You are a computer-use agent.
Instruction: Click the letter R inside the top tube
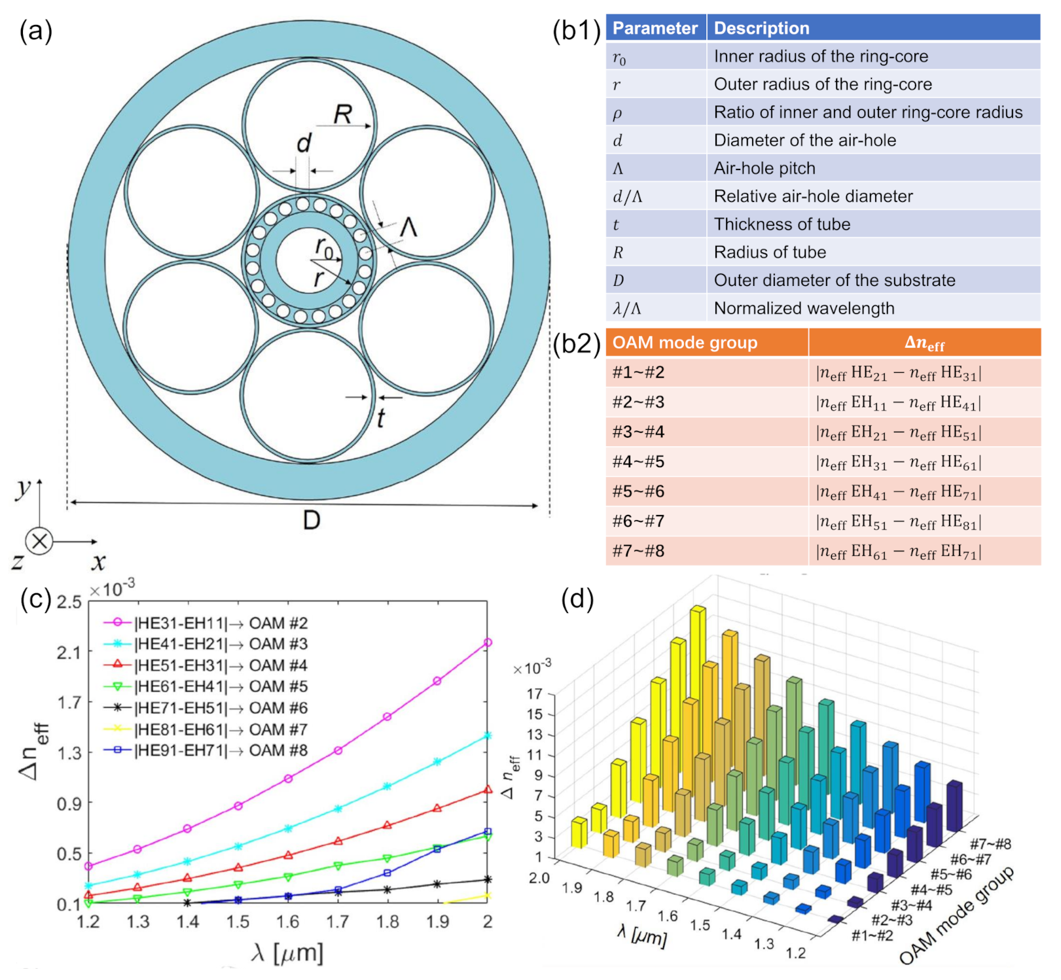click(343, 114)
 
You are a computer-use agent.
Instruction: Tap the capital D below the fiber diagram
click(312, 521)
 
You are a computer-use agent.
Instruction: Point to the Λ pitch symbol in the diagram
click(408, 228)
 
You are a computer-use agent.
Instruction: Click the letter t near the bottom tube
click(381, 417)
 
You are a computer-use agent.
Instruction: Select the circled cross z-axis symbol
click(39, 542)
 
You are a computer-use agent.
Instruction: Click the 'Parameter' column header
click(655, 28)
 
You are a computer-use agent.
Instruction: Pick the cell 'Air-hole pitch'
click(764, 168)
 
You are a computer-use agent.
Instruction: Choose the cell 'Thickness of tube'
click(782, 224)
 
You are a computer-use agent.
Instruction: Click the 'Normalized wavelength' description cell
click(804, 308)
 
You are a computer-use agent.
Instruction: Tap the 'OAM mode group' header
click(685, 343)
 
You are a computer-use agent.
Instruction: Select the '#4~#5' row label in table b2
click(638, 462)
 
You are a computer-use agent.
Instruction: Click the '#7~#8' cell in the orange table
click(638, 551)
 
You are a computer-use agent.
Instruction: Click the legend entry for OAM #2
click(206, 623)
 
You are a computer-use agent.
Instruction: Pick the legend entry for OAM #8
click(206, 750)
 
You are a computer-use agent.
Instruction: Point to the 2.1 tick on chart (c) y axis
click(69, 652)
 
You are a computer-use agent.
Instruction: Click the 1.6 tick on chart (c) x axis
click(288, 922)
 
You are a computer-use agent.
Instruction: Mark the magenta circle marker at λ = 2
click(488, 642)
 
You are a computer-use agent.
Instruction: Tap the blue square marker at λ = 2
click(488, 832)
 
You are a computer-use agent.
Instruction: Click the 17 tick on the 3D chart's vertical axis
click(535, 693)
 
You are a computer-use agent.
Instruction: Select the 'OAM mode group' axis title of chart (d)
click(957, 916)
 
